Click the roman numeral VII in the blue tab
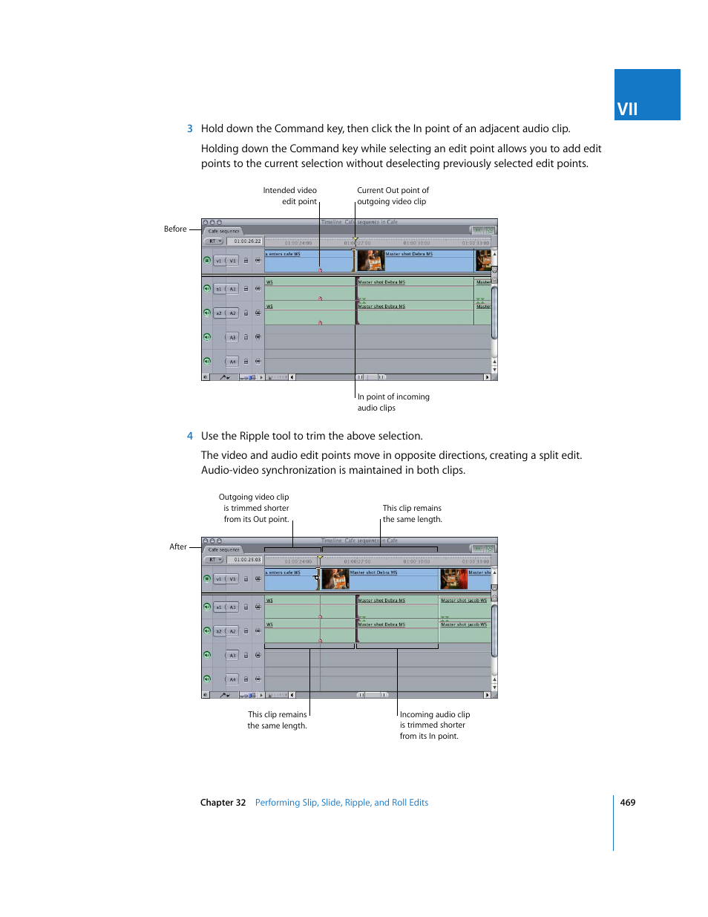pyautogui.click(x=627, y=109)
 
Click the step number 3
pyautogui.click(x=190, y=128)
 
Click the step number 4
pyautogui.click(x=190, y=436)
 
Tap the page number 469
pyautogui.click(x=627, y=802)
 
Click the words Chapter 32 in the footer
pyautogui.click(x=223, y=802)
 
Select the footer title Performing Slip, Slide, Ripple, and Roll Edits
pyautogui.click(x=341, y=802)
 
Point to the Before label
pyautogui.click(x=175, y=229)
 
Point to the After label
pyautogui.click(x=178, y=546)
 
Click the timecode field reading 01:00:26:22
pyautogui.click(x=247, y=241)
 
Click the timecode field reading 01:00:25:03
pyautogui.click(x=247, y=560)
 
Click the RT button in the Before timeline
pyautogui.click(x=214, y=241)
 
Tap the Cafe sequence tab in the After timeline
pyautogui.click(x=223, y=549)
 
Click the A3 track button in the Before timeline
pyautogui.click(x=232, y=338)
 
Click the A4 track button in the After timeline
pyautogui.click(x=232, y=679)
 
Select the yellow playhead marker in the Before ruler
pyautogui.click(x=355, y=240)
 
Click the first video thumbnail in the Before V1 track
pyautogui.click(x=371, y=261)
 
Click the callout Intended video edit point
pyautogui.click(x=289, y=196)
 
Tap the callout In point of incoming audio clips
pyautogui.click(x=393, y=402)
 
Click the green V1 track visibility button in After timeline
pyautogui.click(x=207, y=578)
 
